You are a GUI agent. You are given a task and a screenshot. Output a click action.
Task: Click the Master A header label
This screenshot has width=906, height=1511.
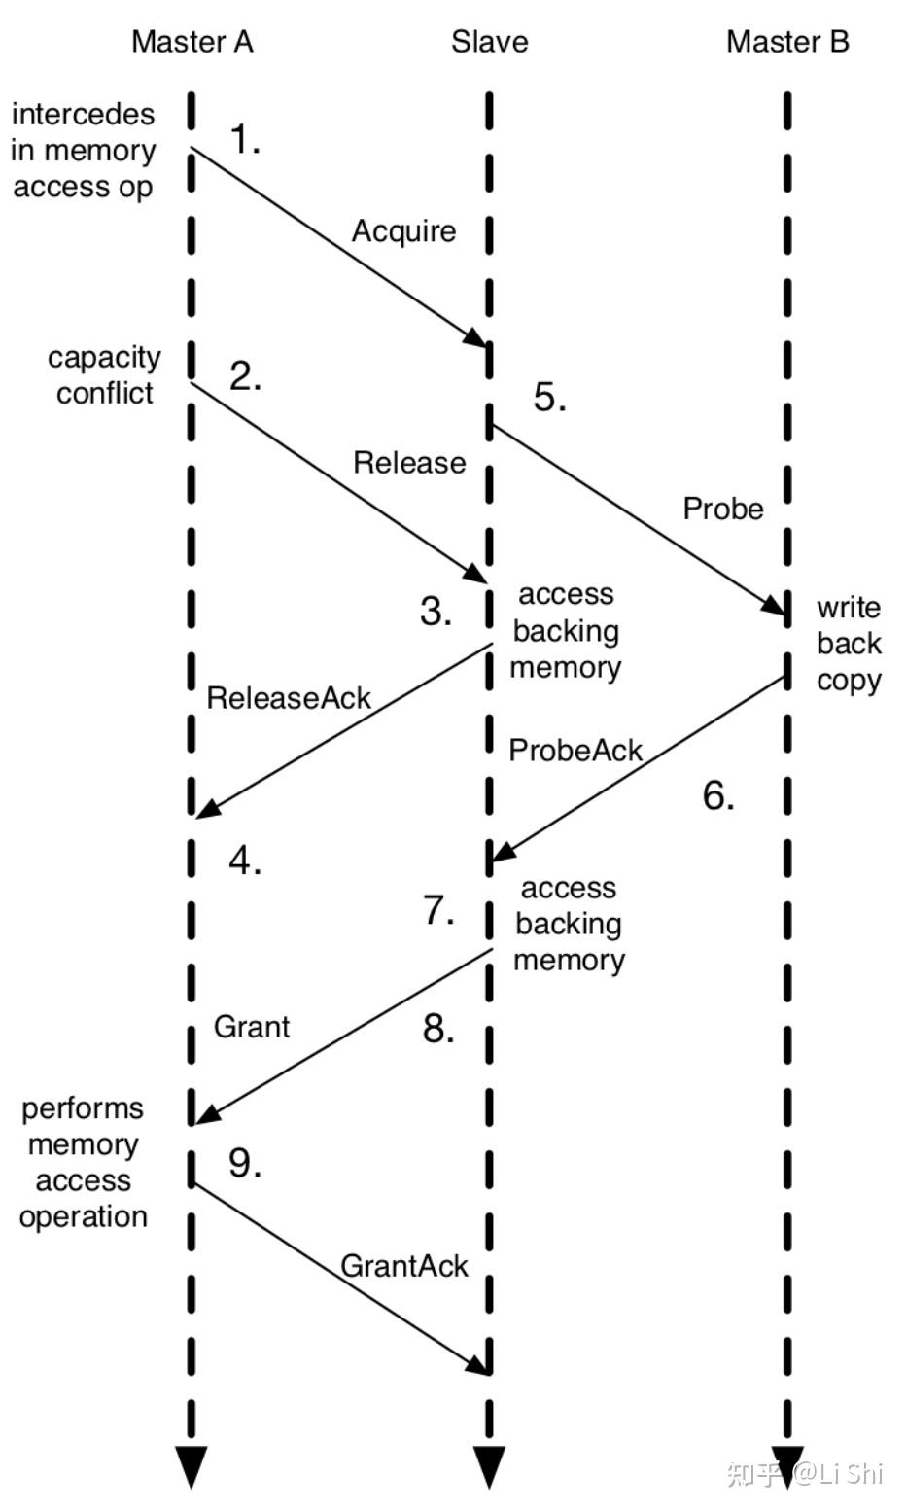coord(192,42)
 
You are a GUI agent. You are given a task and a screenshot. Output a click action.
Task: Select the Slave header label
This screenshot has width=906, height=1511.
coord(489,42)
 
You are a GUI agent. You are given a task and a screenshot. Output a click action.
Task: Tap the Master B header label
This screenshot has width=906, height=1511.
coord(787,42)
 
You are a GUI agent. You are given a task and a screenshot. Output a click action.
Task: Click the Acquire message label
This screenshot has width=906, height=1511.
coord(403,231)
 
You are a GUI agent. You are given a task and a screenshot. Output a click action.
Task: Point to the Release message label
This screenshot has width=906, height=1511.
coord(409,463)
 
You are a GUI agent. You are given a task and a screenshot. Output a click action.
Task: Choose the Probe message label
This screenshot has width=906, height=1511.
coord(723,509)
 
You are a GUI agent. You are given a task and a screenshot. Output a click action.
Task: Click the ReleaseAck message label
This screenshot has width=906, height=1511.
coord(289,698)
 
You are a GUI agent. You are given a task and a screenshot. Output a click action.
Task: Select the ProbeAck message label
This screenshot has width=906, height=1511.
coord(575,751)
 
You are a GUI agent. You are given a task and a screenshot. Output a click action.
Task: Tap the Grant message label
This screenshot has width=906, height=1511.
coord(252,1027)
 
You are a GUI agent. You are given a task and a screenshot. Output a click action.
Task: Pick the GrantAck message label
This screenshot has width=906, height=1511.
coord(404,1266)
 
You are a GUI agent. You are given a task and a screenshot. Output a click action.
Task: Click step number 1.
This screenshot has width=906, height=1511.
coord(245,141)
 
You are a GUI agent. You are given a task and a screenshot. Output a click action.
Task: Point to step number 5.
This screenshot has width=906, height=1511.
coord(550,398)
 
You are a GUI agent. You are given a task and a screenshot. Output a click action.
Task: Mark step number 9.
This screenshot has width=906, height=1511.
coord(245,1163)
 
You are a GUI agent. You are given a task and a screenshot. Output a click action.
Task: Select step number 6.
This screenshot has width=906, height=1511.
coord(718,796)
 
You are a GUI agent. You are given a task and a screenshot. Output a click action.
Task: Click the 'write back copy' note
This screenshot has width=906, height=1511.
coord(849,644)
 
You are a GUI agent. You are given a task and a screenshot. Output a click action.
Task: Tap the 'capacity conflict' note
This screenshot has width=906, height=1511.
coord(104,375)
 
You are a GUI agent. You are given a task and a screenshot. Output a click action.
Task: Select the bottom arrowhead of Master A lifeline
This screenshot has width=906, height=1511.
coord(192,1464)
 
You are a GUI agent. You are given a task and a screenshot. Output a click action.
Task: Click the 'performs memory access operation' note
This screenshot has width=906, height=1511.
coord(84,1163)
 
